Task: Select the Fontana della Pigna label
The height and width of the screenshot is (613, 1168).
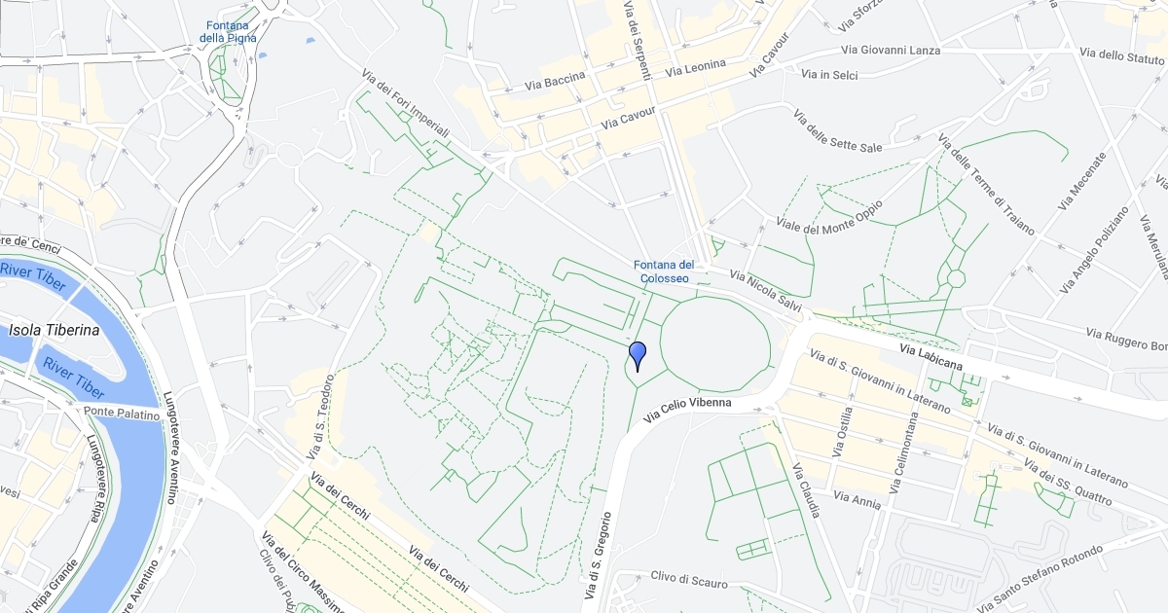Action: click(x=228, y=31)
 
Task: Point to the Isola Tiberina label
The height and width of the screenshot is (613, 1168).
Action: click(x=54, y=330)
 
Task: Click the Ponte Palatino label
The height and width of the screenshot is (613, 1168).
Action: click(x=121, y=414)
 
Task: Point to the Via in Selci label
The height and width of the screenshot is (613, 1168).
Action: click(x=829, y=74)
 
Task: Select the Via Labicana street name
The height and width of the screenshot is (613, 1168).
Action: click(x=931, y=356)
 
